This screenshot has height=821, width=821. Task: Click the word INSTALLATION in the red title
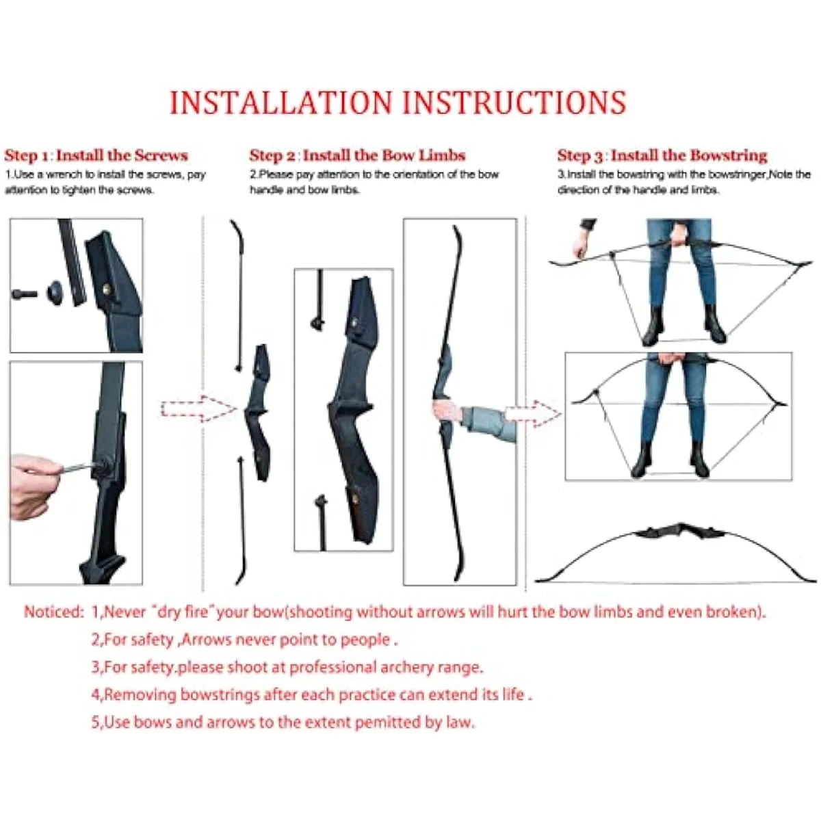281,103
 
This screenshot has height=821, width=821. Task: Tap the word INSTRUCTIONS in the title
514,103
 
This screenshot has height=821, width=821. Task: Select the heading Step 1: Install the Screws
96,155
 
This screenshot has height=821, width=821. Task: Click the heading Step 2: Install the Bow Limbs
357,155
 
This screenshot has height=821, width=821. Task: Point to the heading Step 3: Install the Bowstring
662,155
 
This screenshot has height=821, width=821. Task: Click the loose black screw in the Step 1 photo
25,294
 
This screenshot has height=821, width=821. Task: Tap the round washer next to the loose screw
55,293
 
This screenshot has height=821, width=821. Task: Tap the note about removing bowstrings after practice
311,694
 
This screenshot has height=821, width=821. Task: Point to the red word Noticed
53,612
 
